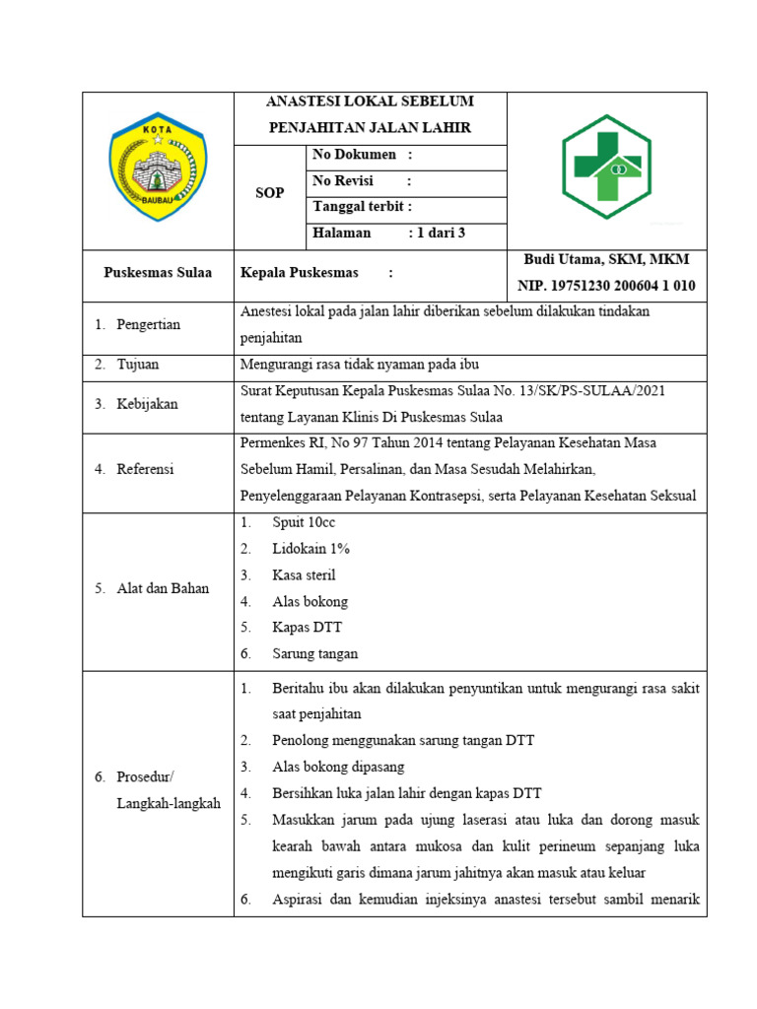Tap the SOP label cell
pos(270,193)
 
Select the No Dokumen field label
pos(354,155)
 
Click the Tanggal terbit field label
pos(362,207)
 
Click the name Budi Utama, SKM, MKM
pos(607,260)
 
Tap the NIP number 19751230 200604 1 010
pos(607,287)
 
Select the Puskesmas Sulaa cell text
pos(158,273)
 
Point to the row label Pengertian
pos(148,325)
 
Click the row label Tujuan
pos(138,365)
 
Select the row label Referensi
pos(145,470)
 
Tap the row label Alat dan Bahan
pos(163,589)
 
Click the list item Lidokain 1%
pos(311,549)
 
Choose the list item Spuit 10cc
pos(305,523)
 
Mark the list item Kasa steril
pos(305,575)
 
